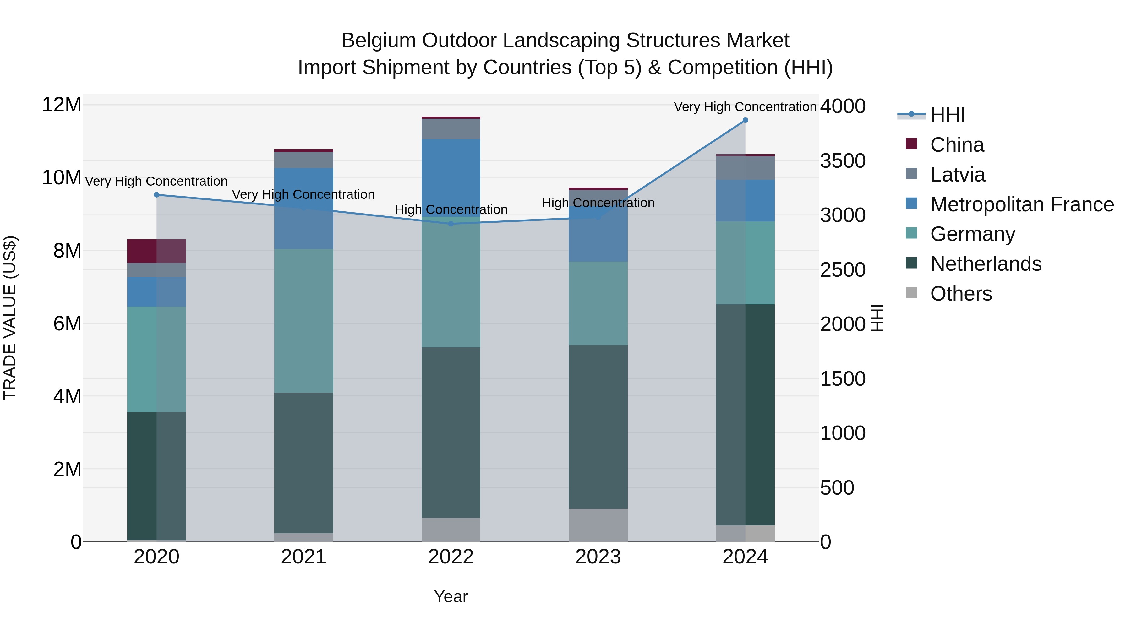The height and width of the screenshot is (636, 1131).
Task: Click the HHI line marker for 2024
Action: click(745, 120)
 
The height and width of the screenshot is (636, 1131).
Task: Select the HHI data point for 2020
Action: click(157, 195)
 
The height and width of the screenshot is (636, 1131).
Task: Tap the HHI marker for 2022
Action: click(451, 224)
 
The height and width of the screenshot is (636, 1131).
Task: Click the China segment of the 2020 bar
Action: click(156, 251)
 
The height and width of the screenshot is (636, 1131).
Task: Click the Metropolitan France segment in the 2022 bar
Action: click(451, 176)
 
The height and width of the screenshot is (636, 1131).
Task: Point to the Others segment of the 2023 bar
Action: click(598, 525)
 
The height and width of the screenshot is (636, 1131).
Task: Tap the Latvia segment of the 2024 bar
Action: click(745, 168)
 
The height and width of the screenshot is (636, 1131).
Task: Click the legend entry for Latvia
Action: click(958, 175)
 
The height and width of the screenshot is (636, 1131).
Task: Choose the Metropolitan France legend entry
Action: click(1022, 204)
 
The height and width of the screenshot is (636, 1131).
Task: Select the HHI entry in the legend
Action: click(948, 115)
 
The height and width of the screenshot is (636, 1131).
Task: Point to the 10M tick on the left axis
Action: click(62, 178)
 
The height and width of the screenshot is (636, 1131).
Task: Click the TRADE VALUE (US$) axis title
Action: click(10, 318)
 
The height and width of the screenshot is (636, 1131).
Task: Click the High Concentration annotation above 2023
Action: click(598, 203)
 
